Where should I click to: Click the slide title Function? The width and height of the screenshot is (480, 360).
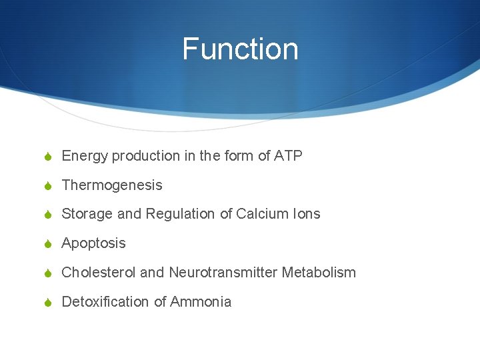(x=240, y=49)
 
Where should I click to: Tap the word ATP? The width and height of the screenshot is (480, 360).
(x=288, y=156)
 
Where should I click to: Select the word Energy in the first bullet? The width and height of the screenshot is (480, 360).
(x=85, y=157)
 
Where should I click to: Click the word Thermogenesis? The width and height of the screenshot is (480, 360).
(x=111, y=185)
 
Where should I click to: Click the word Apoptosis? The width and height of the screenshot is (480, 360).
(x=93, y=243)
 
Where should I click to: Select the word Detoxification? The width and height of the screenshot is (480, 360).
(x=105, y=301)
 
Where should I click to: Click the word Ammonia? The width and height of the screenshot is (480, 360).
(x=201, y=301)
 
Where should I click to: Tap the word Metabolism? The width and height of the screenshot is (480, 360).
(x=319, y=272)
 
